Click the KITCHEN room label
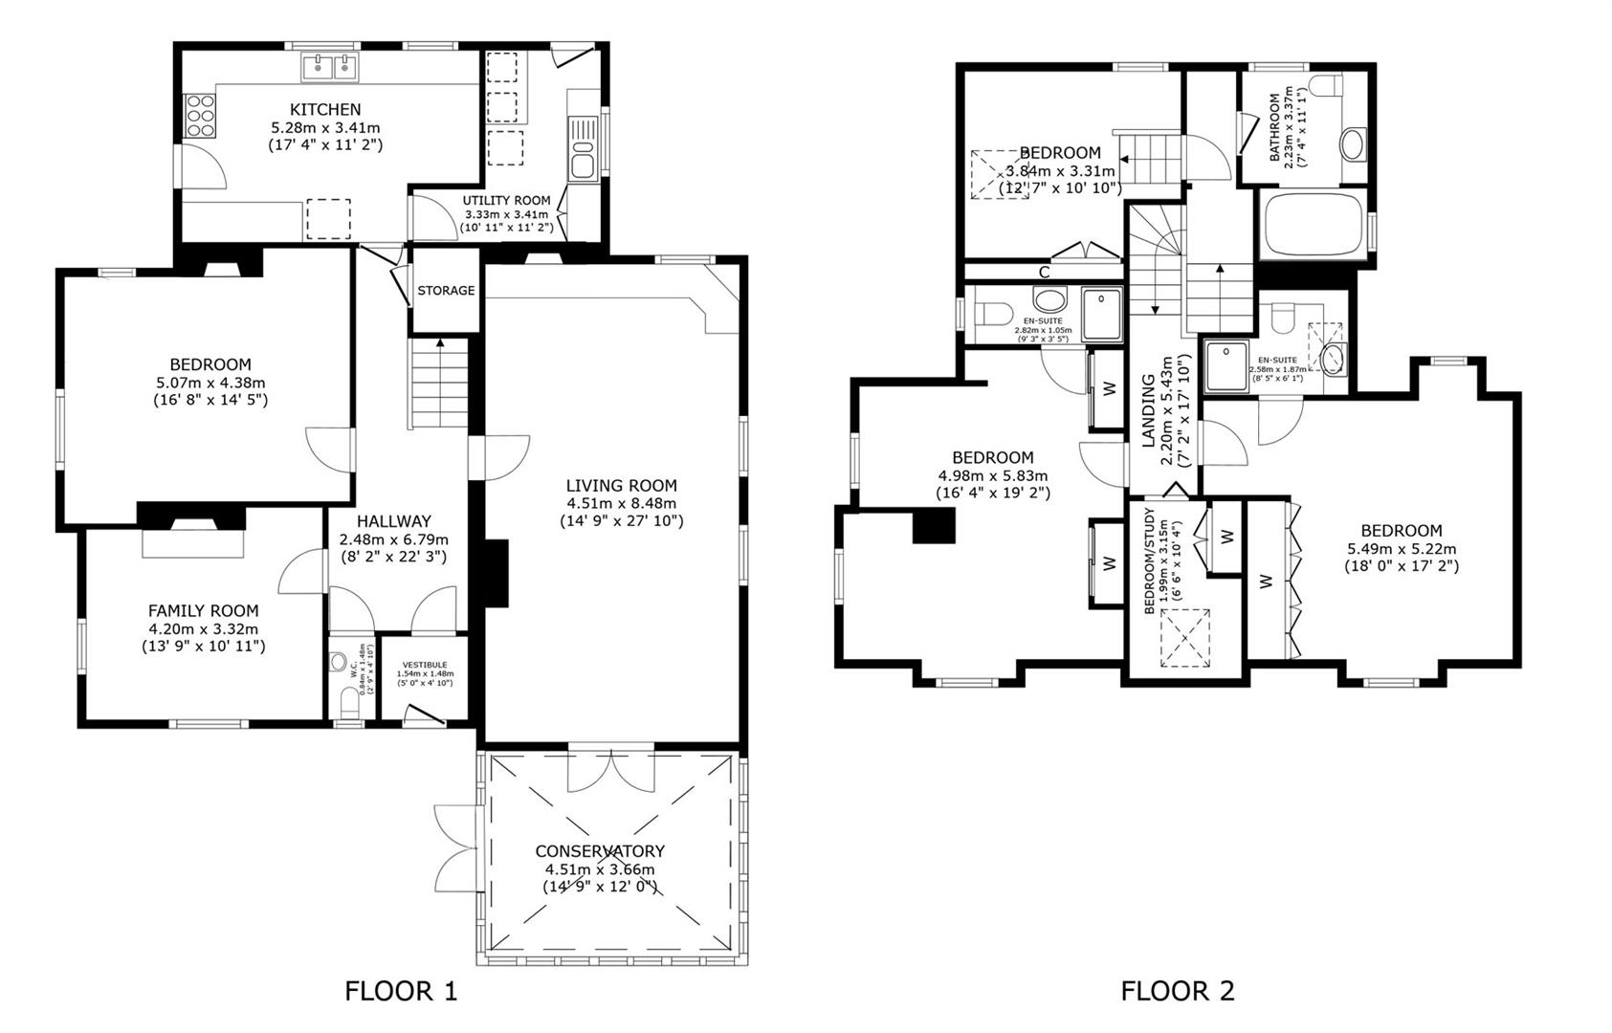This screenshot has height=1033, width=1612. tap(325, 109)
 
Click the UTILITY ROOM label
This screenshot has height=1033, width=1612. tap(506, 201)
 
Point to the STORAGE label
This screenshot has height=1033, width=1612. tap(446, 291)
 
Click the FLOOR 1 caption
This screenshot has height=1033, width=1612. tap(401, 991)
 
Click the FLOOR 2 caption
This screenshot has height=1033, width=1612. tap(1177, 991)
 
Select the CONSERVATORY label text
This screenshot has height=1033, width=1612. tap(599, 851)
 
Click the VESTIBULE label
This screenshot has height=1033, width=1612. tap(424, 665)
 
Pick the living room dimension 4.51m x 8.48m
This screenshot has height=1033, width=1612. tap(621, 503)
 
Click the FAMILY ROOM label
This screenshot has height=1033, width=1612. tap(203, 610)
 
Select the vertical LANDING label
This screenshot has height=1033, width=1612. tap(1150, 411)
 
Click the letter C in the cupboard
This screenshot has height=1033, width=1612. tap(1045, 273)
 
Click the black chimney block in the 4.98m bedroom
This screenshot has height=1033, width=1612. tap(934, 526)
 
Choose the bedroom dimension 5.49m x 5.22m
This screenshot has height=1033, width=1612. tap(1401, 549)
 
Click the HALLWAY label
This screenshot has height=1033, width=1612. tap(393, 521)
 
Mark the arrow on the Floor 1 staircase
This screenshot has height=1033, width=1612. tap(440, 342)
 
